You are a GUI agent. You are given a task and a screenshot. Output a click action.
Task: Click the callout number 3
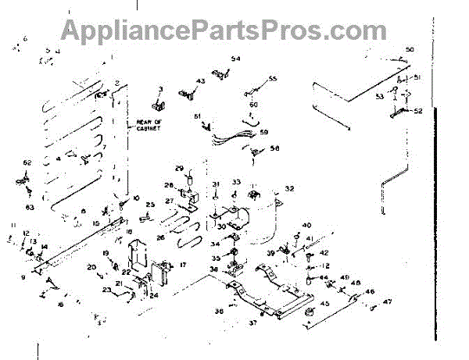click(159, 90)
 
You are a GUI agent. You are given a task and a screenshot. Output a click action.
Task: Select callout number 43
click(200, 81)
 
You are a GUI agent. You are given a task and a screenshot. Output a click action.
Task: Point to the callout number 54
click(235, 59)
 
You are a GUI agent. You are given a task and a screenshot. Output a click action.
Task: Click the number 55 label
click(273, 79)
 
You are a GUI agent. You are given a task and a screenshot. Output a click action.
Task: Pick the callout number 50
click(409, 50)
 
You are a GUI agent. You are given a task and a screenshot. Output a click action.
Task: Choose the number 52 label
click(418, 111)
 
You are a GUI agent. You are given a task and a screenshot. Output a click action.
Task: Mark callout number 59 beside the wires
click(263, 132)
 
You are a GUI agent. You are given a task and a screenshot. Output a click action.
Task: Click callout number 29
click(179, 169)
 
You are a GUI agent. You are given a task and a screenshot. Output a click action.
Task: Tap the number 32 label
click(289, 188)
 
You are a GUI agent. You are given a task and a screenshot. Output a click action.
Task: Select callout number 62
click(27, 162)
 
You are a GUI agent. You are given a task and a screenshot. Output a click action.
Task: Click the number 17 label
click(182, 266)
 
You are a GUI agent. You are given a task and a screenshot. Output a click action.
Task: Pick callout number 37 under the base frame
click(252, 323)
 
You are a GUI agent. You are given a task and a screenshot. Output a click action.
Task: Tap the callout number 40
click(306, 225)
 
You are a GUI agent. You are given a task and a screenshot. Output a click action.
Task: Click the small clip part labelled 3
click(159, 103)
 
